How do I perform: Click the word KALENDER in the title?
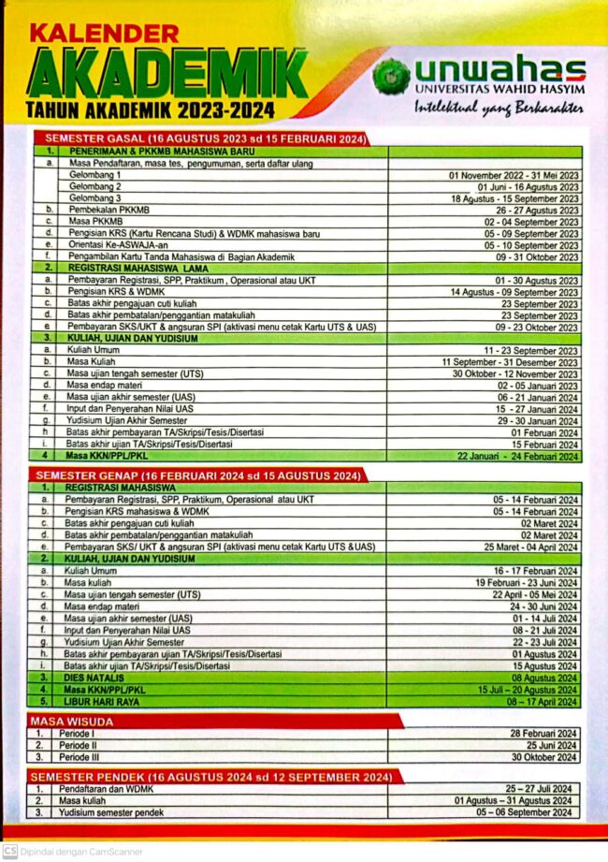click(104, 35)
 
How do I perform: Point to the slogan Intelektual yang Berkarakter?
click(499, 107)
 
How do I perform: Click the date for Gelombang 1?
click(514, 175)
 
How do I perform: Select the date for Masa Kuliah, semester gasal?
click(511, 361)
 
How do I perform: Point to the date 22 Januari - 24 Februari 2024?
click(518, 456)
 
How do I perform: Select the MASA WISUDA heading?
click(72, 722)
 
